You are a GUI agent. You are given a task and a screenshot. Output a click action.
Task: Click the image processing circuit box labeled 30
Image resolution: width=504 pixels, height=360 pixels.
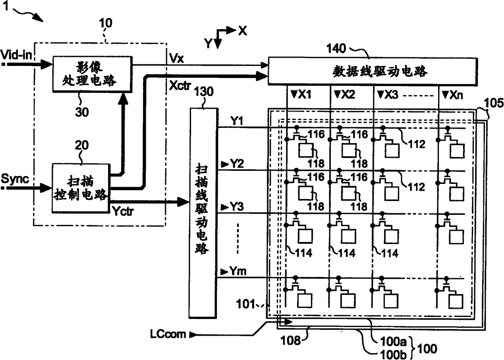click(x=92, y=74)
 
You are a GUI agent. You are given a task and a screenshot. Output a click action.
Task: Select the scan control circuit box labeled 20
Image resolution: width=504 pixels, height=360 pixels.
click(x=81, y=188)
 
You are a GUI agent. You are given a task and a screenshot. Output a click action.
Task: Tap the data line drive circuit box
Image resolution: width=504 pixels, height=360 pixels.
click(x=373, y=71)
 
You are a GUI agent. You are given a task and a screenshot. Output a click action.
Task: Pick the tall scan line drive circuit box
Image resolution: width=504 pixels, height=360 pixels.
click(x=203, y=213)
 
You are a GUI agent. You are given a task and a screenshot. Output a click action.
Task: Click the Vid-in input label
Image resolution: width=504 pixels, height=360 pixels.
click(x=16, y=55)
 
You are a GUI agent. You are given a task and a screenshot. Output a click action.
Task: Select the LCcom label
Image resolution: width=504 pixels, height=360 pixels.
click(x=168, y=334)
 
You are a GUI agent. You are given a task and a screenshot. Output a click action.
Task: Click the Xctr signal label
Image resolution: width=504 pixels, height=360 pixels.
click(x=180, y=85)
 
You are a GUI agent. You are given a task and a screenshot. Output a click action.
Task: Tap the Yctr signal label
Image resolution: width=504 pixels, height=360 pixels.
click(x=123, y=211)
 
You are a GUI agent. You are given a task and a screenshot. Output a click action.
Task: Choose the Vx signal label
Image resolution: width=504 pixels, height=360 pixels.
click(x=176, y=58)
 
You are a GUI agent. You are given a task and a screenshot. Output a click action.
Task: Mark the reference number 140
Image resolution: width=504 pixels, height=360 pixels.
click(x=336, y=48)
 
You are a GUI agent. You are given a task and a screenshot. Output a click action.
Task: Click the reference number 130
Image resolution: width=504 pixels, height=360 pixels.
click(x=203, y=92)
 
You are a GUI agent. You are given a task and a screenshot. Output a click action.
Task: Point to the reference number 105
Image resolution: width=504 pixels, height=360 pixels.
click(x=494, y=103)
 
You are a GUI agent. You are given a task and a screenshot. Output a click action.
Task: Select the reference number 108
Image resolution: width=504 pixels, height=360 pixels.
click(x=291, y=340)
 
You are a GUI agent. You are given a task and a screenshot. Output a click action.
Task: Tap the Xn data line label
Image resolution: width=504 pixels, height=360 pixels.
click(x=453, y=95)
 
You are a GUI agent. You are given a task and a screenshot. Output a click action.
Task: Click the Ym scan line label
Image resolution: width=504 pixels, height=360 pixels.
click(x=234, y=271)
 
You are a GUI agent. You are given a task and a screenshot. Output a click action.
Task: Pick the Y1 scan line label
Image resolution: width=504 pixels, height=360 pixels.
click(x=237, y=121)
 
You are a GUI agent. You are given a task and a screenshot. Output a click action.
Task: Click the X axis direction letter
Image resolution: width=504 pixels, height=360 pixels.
click(x=243, y=31)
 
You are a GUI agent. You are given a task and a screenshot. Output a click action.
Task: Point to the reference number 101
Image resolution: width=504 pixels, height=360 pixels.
click(x=245, y=304)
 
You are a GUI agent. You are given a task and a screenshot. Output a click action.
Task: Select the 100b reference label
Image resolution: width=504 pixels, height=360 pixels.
click(x=393, y=355)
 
